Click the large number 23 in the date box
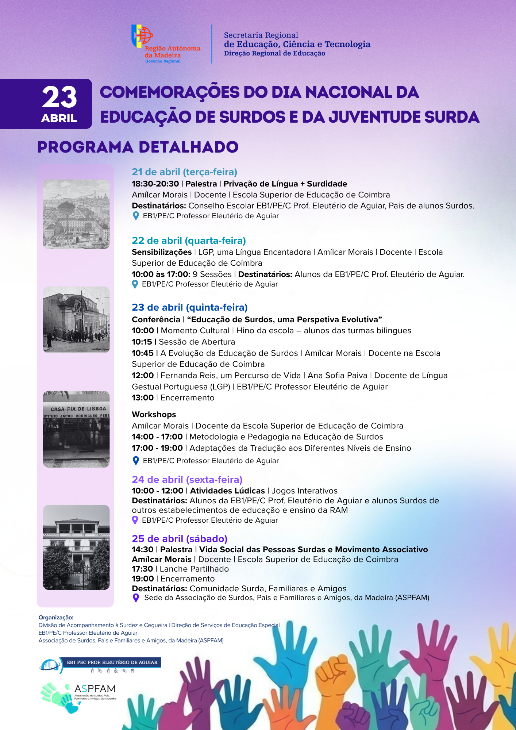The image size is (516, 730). click(x=59, y=97)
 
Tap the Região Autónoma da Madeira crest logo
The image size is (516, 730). click(x=142, y=36)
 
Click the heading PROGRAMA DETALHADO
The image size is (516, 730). click(x=138, y=147)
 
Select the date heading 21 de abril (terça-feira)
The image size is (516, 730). click(x=184, y=172)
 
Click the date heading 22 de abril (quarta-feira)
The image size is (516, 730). click(x=189, y=241)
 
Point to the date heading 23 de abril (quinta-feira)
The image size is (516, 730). click(x=189, y=307)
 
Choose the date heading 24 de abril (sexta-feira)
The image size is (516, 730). click(x=187, y=480)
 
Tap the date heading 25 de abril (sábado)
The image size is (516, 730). click(x=180, y=539)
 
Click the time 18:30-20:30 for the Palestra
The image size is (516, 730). click(x=155, y=184)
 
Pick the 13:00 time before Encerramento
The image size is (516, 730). click(x=143, y=398)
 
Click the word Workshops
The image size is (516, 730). click(x=154, y=415)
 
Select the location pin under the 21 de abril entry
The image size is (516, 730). click(x=136, y=216)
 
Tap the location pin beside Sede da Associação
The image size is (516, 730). click(x=136, y=598)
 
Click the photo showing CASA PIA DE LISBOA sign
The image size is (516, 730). click(x=76, y=429)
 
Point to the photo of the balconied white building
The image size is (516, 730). click(x=76, y=547)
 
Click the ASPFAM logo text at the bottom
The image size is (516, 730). click(x=95, y=689)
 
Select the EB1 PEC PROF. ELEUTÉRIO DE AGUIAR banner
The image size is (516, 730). click(x=112, y=662)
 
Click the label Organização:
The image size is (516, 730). click(x=56, y=618)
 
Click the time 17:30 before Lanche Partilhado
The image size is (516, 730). click(x=142, y=569)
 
